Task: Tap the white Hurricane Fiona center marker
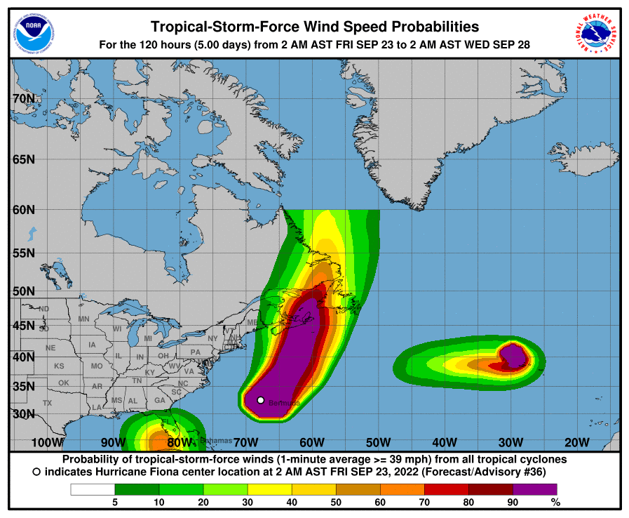click(261, 400)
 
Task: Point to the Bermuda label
click(284, 403)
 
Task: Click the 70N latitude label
click(24, 99)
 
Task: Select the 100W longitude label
click(48, 442)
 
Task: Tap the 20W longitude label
click(577, 442)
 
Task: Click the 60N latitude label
click(24, 209)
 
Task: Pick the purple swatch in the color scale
click(535, 489)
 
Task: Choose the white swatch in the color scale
click(93, 489)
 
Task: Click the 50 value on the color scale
click(336, 502)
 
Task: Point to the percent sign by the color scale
click(556, 502)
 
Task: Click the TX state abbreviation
click(48, 403)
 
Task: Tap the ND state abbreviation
click(44, 309)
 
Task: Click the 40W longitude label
click(445, 442)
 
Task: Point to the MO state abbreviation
click(97, 366)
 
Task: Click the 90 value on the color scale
click(513, 502)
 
